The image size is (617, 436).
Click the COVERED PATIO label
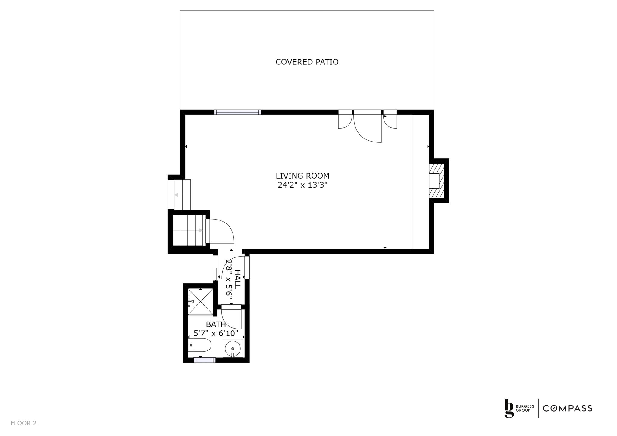(x=307, y=62)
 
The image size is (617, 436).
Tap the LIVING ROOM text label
(x=302, y=176)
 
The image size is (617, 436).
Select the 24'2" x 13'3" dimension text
(x=302, y=185)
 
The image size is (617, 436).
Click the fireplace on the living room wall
(x=437, y=181)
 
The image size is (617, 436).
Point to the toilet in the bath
(x=199, y=345)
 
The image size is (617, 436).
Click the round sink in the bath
(x=233, y=348)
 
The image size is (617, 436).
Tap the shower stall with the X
(x=200, y=302)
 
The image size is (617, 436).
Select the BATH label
(x=216, y=325)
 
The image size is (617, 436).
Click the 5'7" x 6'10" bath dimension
(x=216, y=334)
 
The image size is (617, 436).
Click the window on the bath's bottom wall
(x=205, y=360)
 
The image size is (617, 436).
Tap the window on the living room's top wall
(x=238, y=112)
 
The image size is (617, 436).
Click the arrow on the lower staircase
(x=188, y=231)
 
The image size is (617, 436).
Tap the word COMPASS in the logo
(x=568, y=408)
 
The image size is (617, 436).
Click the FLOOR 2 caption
(x=23, y=423)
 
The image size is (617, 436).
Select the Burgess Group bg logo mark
(x=509, y=408)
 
